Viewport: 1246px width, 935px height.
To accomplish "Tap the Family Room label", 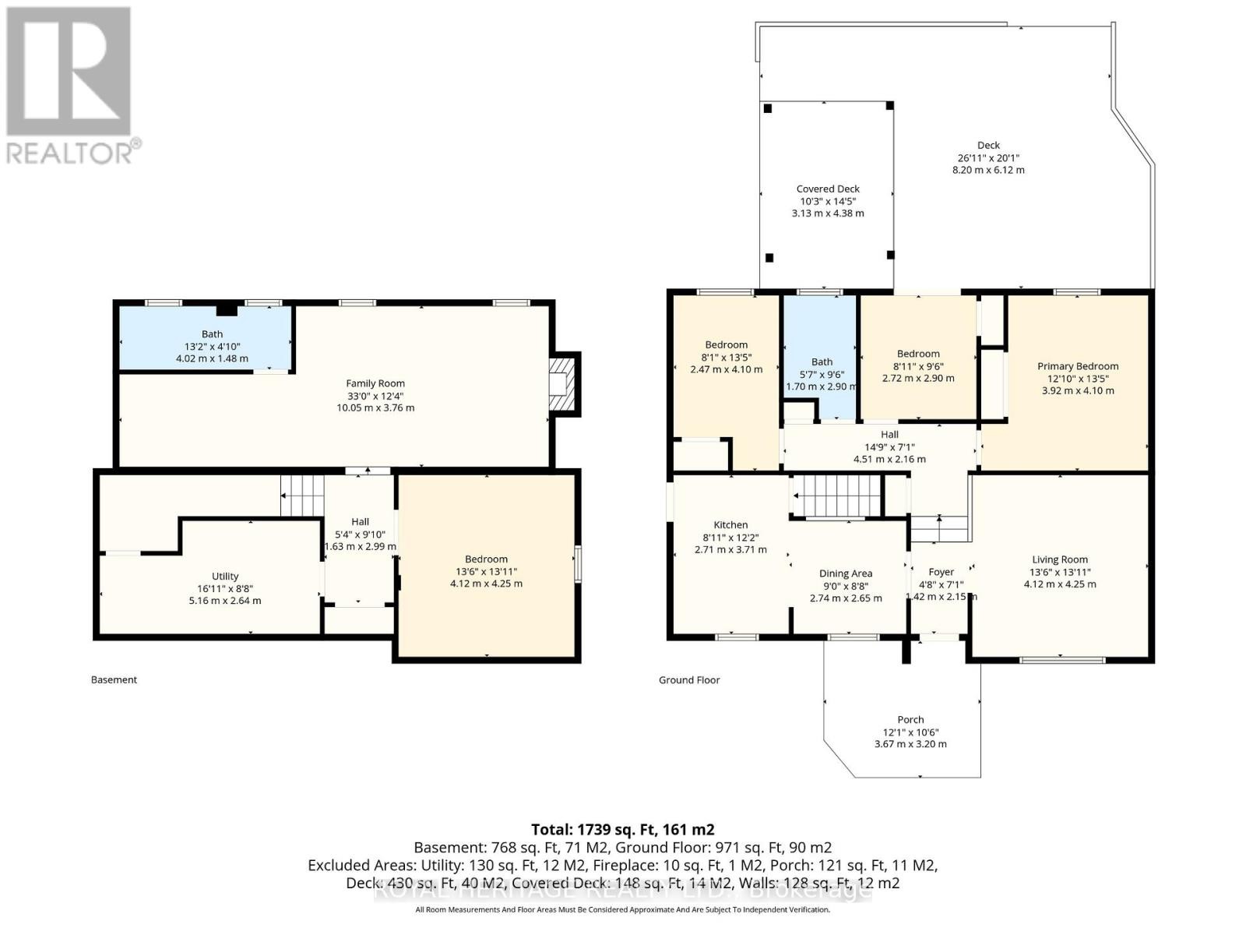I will click(375, 383).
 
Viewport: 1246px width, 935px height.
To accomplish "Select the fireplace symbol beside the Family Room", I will click(562, 383).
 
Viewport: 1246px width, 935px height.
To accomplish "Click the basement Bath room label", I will click(212, 334).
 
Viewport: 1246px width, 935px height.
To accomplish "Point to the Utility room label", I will click(225, 577).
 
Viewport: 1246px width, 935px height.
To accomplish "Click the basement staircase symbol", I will click(302, 496).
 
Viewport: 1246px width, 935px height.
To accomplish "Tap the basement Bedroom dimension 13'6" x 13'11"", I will click(486, 571).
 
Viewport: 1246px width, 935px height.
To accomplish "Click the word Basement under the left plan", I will click(114, 679).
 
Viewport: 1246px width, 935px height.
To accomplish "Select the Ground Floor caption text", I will click(689, 680).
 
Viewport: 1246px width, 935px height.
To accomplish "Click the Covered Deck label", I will click(828, 189).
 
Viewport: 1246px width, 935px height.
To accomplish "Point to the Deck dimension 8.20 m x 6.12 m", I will click(988, 170).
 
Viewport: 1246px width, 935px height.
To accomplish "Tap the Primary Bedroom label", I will click(1078, 366).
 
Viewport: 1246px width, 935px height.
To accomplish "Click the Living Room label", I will click(1060, 559).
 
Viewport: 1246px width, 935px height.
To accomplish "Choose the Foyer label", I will click(941, 572).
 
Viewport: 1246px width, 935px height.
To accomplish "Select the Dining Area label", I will click(846, 573).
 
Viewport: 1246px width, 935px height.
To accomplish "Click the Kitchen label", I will click(730, 525).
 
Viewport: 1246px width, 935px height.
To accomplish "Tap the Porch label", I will click(910, 720).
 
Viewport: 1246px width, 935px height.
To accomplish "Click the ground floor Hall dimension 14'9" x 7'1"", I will click(889, 447).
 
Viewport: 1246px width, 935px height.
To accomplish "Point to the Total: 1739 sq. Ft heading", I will click(622, 829).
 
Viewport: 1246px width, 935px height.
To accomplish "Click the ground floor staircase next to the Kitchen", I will click(837, 496).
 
